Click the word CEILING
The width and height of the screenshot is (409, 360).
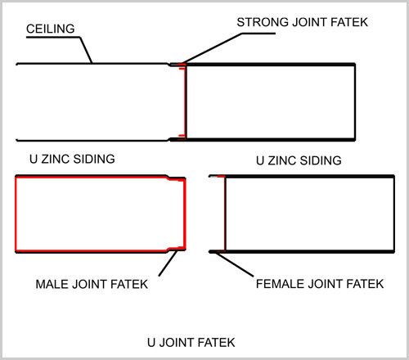pyautogui.click(x=51, y=29)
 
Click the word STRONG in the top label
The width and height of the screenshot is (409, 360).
pyautogui.click(x=263, y=22)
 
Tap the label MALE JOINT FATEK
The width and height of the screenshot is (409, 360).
pyautogui.click(x=92, y=284)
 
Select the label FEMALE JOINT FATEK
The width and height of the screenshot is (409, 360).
pyautogui.click(x=320, y=284)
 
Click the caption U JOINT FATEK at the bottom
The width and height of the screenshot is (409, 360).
pyautogui.click(x=191, y=343)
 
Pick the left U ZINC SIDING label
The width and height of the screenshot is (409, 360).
pyautogui.click(x=72, y=159)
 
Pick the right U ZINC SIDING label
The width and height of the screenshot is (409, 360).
pyautogui.click(x=299, y=160)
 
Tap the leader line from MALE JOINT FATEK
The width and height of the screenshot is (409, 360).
pyautogui.click(x=168, y=263)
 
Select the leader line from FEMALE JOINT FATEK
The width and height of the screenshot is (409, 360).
pyautogui.click(x=235, y=264)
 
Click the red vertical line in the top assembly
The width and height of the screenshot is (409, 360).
pyautogui.click(x=185, y=101)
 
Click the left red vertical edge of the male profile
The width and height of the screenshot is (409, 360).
pyautogui.click(x=16, y=214)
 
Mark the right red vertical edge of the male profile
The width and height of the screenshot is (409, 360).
pyautogui.click(x=185, y=214)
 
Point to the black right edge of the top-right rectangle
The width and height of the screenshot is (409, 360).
pyautogui.click(x=355, y=102)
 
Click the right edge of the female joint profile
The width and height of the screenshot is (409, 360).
pyautogui.click(x=393, y=214)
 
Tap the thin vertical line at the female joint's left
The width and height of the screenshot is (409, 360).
pyautogui.click(x=225, y=214)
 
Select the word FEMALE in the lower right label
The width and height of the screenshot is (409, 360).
pyautogui.click(x=280, y=284)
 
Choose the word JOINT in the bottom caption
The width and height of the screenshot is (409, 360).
pyautogui.click(x=176, y=343)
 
